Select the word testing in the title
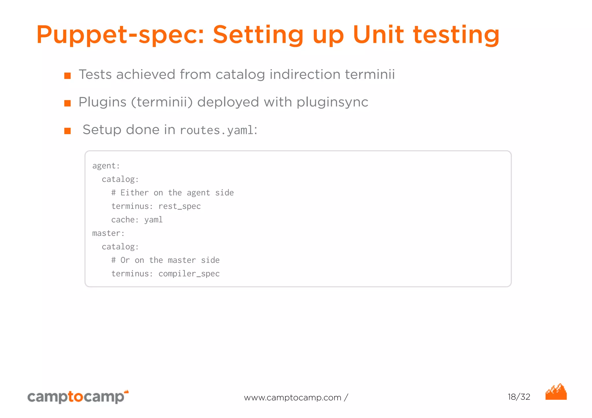click(456, 35)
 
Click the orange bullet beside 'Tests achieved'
click(67, 76)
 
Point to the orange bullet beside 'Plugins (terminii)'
click(67, 103)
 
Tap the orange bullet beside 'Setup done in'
click(67, 131)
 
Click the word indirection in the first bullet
click(305, 75)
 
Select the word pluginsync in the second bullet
click(332, 102)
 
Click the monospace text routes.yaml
click(217, 130)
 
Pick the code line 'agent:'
click(106, 166)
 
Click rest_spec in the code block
click(180, 206)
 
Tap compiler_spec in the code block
click(189, 274)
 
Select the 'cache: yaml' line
click(137, 220)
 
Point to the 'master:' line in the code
click(108, 233)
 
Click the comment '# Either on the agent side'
click(172, 193)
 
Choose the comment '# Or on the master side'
click(165, 260)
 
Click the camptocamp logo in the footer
click(77, 397)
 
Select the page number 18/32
click(519, 397)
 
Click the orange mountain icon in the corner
click(556, 392)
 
